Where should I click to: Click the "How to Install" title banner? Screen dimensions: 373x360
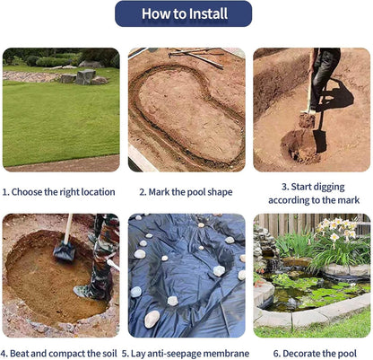pyautogui.click(x=183, y=13)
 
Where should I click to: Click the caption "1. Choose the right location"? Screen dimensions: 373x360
pyautogui.click(x=58, y=192)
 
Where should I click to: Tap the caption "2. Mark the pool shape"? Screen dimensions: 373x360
pyautogui.click(x=186, y=192)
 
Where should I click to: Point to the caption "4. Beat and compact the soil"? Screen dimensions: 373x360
pyautogui.click(x=59, y=354)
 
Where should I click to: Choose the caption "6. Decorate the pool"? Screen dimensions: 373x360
pyautogui.click(x=315, y=354)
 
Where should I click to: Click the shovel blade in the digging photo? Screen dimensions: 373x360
pyautogui.click(x=319, y=141)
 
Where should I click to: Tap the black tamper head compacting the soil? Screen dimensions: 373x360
pyautogui.click(x=65, y=251)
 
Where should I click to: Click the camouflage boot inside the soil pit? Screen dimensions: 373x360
pyautogui.click(x=90, y=290)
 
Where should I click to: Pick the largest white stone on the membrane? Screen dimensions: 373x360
pyautogui.click(x=152, y=319)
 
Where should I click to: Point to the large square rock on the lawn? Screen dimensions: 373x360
pyautogui.click(x=85, y=76)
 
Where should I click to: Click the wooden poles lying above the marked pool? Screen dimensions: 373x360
pyautogui.click(x=195, y=57)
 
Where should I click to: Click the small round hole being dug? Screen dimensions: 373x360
pyautogui.click(x=299, y=146)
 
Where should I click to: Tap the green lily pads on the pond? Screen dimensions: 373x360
pyautogui.click(x=316, y=289)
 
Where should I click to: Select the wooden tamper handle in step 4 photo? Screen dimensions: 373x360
pyautogui.click(x=68, y=228)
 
